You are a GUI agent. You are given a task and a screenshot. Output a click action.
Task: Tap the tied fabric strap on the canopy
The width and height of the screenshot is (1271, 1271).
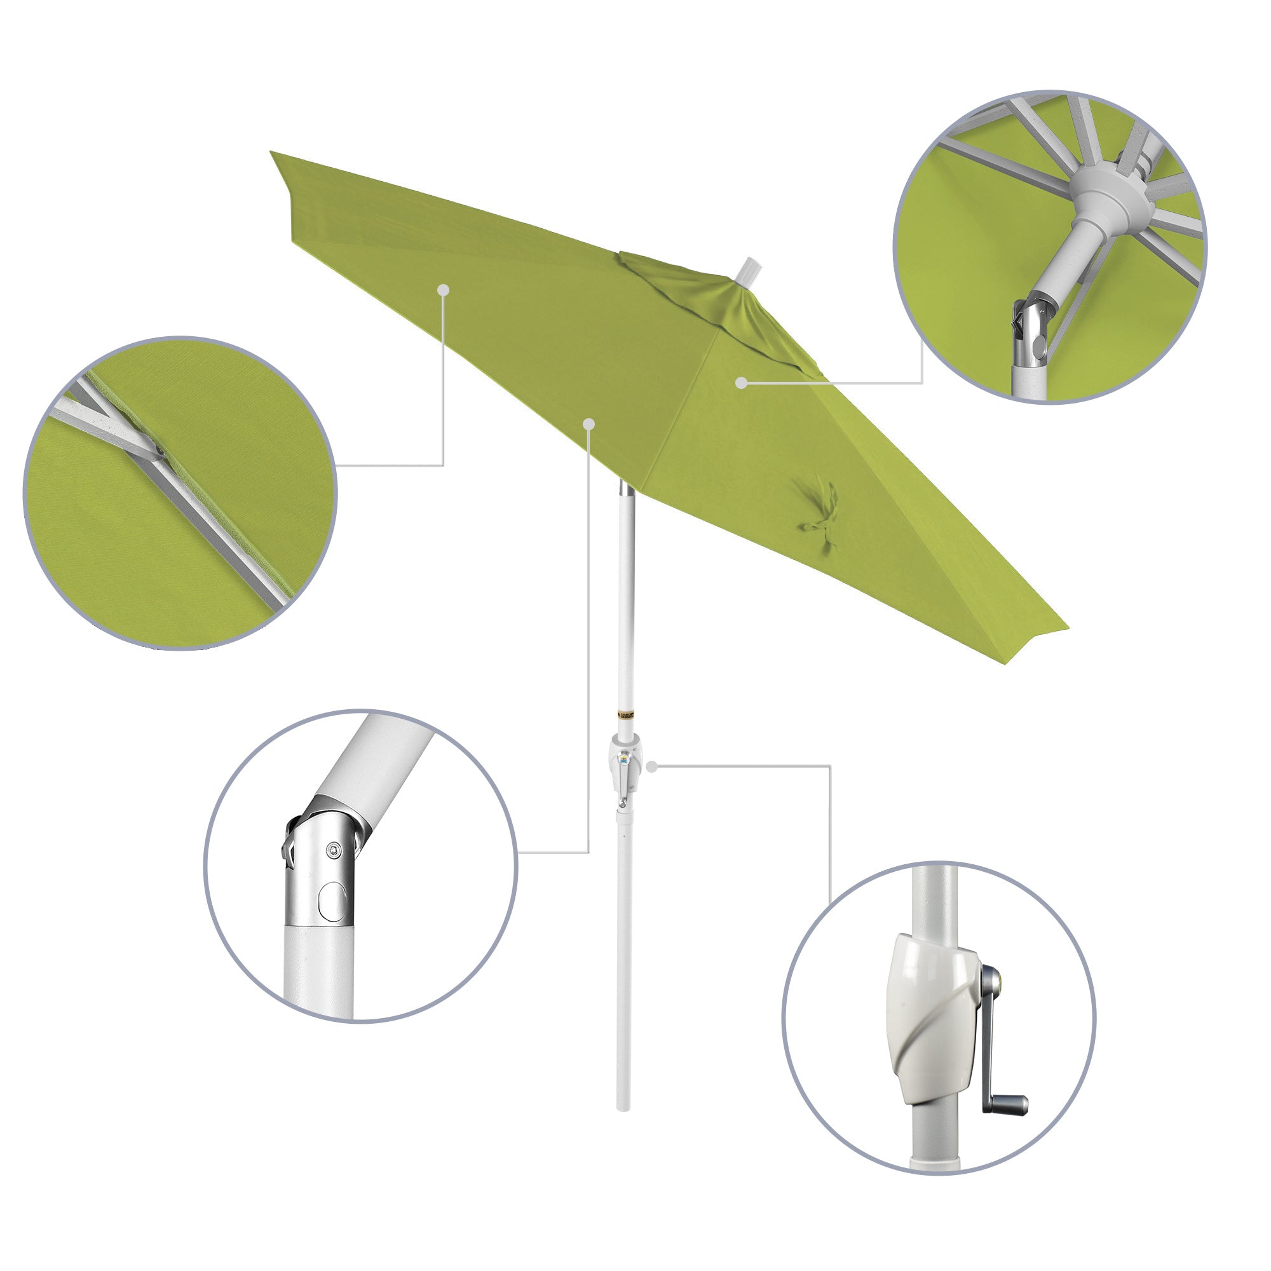point(816,509)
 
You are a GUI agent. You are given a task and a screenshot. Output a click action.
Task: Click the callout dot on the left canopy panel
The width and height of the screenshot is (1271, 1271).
point(444,289)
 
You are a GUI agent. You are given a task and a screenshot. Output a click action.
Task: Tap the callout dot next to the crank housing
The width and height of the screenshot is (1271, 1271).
point(652,766)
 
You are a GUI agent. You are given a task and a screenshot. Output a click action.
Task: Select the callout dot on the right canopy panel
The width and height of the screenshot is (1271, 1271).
point(742,383)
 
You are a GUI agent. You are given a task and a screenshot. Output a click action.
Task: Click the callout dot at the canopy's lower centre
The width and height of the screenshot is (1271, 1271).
point(589,425)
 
